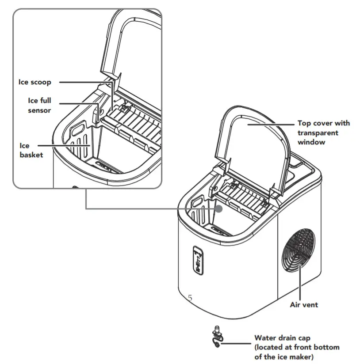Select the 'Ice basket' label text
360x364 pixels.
click(30, 150)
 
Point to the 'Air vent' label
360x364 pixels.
click(304, 304)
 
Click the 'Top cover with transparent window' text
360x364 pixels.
click(323, 133)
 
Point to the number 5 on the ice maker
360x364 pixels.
click(190, 298)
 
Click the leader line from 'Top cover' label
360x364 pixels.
click(270, 124)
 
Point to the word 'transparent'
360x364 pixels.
click(317, 133)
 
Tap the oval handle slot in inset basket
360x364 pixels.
click(79, 130)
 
